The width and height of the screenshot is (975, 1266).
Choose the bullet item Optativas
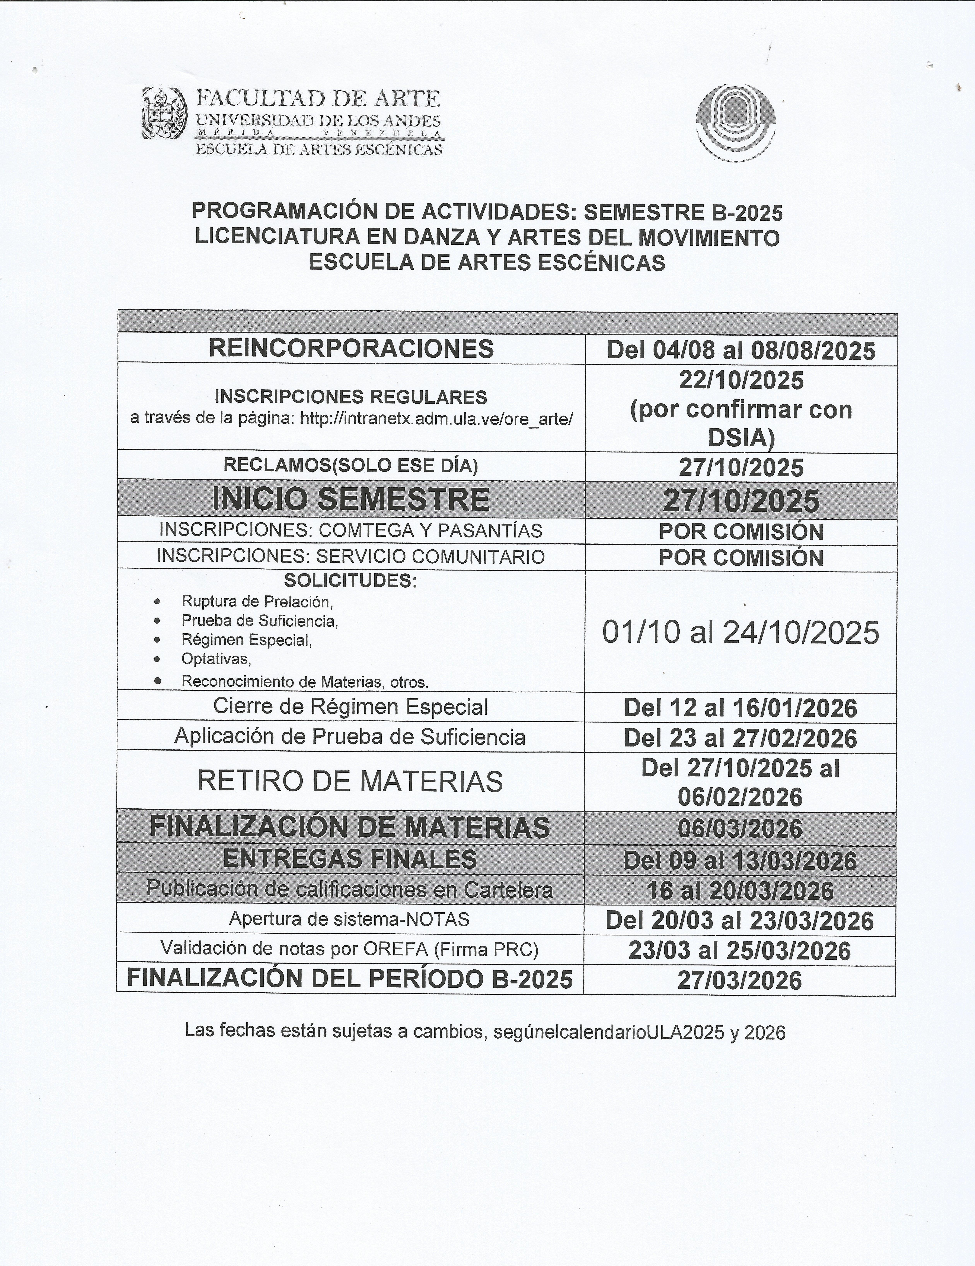[x=216, y=659]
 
